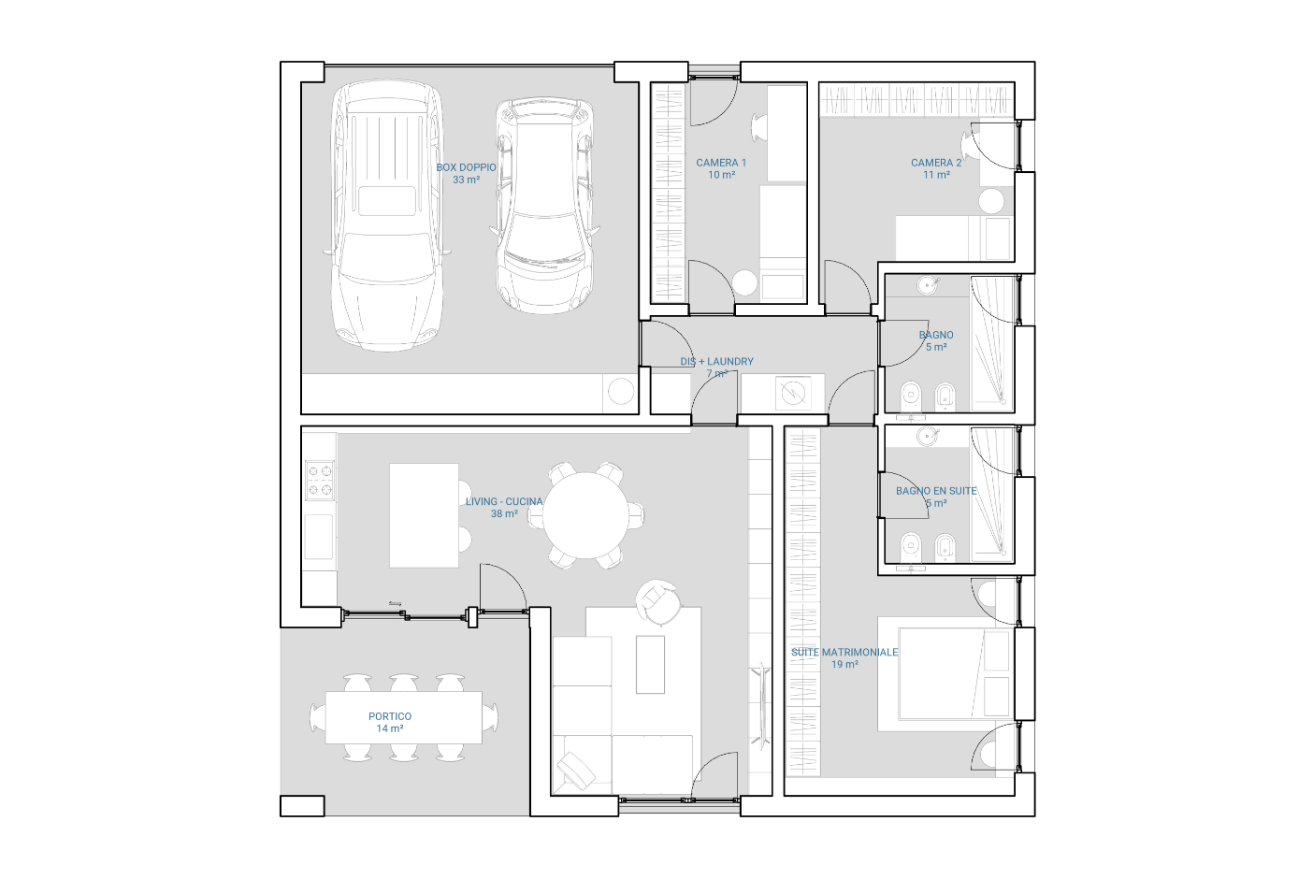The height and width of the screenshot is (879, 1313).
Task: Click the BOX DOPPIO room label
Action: [466, 167]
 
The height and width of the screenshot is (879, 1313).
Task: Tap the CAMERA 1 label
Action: [721, 163]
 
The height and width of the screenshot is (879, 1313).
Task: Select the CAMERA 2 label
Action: [936, 163]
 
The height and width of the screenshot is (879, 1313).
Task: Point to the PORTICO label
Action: [390, 716]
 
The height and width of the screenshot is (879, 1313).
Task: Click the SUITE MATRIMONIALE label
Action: [844, 652]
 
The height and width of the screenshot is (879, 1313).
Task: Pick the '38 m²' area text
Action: [504, 514]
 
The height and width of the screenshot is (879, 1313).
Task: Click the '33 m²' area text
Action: [466, 180]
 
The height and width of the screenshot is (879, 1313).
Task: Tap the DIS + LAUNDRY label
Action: [717, 362]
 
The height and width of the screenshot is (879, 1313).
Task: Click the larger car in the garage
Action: [387, 216]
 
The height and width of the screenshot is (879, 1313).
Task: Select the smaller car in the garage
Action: [544, 205]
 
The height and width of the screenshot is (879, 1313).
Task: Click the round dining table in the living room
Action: [585, 515]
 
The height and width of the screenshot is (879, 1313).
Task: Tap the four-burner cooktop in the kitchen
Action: [320, 481]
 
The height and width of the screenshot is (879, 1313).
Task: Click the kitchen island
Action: [424, 515]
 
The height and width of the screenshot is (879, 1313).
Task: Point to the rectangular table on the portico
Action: [404, 718]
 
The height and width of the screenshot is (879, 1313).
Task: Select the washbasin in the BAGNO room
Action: [928, 286]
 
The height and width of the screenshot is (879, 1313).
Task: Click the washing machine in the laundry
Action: [793, 392]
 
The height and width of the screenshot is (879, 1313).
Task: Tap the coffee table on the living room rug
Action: [651, 665]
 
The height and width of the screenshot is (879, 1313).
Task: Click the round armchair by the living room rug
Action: [659, 602]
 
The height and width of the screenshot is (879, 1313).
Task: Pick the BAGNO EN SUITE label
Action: [936, 491]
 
